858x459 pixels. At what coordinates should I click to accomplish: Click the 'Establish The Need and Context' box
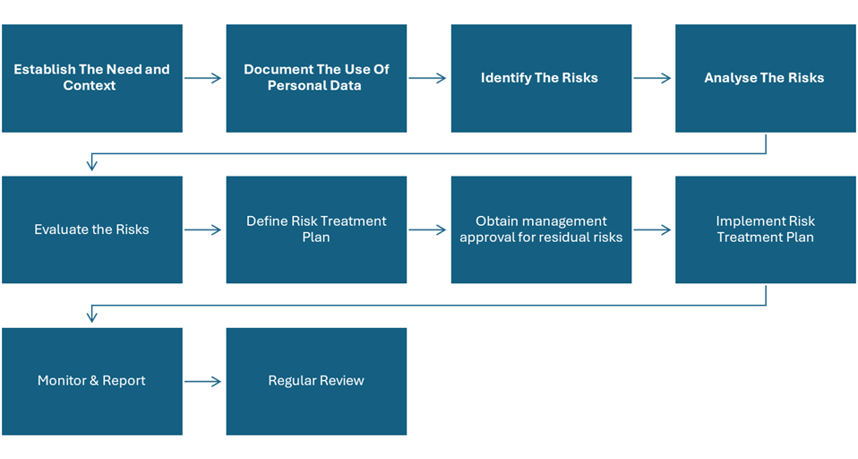(92, 78)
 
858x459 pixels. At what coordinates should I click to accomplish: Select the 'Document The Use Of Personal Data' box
(316, 78)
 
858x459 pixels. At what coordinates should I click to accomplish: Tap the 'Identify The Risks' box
(541, 78)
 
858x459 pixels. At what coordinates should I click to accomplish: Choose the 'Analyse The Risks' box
(766, 78)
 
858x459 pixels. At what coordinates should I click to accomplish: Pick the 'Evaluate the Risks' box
(92, 229)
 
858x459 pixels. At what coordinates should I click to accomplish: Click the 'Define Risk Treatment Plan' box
(316, 229)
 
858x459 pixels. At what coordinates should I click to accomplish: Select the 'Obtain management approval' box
(541, 229)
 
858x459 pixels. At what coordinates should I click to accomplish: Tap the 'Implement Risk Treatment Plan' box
(766, 229)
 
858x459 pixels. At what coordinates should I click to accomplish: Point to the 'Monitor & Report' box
(92, 381)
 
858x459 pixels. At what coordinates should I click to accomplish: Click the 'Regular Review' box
(316, 381)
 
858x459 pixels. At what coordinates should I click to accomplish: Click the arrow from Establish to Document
(202, 78)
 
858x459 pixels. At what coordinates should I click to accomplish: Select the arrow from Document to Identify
(427, 78)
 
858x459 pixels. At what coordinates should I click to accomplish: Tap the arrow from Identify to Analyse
(652, 78)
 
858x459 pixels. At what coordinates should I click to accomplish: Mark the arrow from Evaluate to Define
(202, 230)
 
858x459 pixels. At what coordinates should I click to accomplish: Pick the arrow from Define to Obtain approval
(427, 230)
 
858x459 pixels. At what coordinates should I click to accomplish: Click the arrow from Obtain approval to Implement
(652, 230)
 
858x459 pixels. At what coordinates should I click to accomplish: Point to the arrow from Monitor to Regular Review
(202, 381)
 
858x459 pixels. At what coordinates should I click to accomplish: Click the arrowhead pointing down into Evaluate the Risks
(92, 166)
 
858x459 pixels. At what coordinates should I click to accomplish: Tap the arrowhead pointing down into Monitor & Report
(92, 317)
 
